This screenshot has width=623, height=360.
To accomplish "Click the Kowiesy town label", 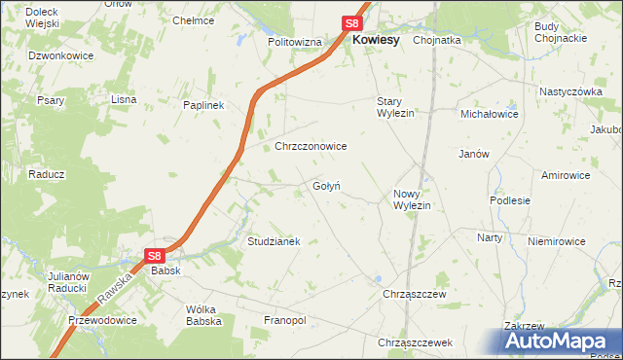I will [x=376, y=40].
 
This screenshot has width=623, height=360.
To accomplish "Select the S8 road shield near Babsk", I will [x=155, y=256].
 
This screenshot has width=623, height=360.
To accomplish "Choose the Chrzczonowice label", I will [x=311, y=146].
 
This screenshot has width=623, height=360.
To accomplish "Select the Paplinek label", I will [x=204, y=104].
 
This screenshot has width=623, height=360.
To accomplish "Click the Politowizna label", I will [x=294, y=43].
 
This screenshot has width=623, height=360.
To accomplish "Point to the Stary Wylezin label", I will [x=396, y=107].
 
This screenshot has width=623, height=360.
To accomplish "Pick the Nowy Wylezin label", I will [x=412, y=199].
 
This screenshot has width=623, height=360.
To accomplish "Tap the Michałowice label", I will [x=490, y=114].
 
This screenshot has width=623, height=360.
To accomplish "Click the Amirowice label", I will [x=567, y=175].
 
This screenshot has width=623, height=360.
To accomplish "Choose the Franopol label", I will [x=284, y=320].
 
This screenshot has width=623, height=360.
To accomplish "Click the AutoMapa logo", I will [x=560, y=341].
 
